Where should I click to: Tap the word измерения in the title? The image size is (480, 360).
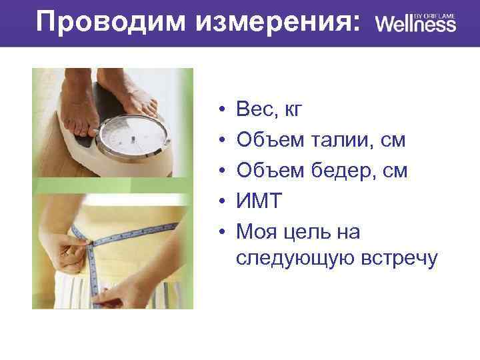click(278, 21)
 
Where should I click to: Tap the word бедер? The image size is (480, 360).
click(343, 171)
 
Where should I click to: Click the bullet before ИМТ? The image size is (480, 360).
click(219, 202)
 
